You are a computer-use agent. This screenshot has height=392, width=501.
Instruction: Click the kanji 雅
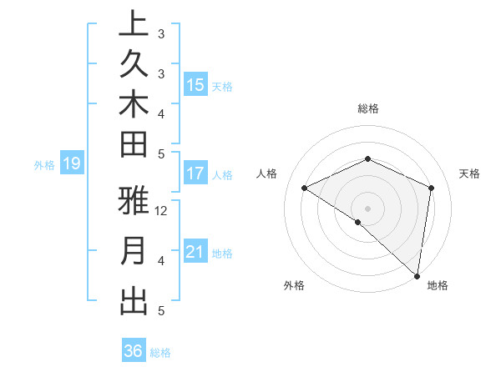134,203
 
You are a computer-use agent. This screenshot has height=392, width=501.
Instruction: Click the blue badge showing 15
195,85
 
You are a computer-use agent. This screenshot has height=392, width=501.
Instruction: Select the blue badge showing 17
195,173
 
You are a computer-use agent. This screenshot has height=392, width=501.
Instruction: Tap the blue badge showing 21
195,252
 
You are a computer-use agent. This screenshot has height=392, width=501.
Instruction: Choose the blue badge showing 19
71,164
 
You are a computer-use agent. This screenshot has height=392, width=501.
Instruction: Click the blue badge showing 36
134,351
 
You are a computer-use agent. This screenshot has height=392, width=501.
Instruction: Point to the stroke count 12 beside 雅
162,211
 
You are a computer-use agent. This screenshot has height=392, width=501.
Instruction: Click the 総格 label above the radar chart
368,108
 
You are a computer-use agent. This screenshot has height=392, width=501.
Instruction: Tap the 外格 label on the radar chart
294,286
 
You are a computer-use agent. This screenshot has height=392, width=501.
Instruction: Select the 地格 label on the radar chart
438,286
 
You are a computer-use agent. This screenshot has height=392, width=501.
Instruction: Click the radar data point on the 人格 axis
305,188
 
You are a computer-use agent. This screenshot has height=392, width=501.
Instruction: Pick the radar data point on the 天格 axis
431,188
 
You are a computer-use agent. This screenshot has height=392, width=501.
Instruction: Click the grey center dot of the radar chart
368,208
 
